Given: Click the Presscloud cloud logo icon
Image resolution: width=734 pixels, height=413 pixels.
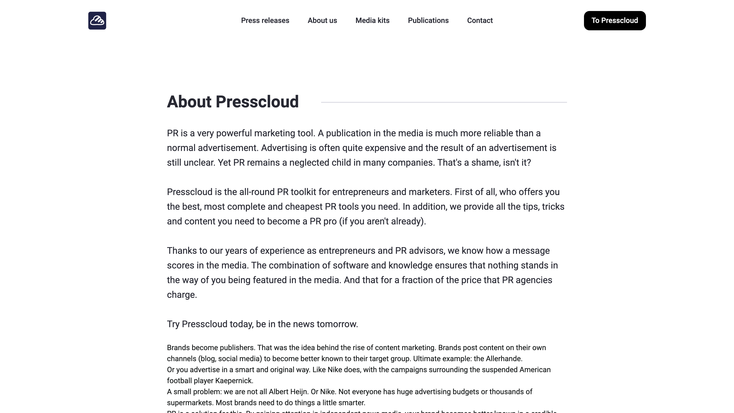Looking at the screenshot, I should click(x=97, y=20).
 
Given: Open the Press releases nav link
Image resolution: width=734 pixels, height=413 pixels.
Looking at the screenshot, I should click(x=265, y=20).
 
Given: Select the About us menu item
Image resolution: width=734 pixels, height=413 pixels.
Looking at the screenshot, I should click(x=322, y=20).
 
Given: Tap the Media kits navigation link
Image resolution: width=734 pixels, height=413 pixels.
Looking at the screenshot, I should click(x=373, y=20).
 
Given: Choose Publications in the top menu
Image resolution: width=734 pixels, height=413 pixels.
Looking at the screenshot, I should click(x=428, y=20).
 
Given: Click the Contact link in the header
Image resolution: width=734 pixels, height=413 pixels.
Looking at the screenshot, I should click(x=480, y=20).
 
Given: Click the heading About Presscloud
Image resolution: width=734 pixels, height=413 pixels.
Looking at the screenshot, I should click(x=233, y=102).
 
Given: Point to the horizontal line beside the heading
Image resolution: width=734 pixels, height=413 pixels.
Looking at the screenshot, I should click(x=444, y=102).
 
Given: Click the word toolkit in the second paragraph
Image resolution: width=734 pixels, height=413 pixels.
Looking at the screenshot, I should click(x=303, y=192).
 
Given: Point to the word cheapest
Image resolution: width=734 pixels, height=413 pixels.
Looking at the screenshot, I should click(x=304, y=207).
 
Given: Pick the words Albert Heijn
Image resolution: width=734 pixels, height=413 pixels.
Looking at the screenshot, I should click(x=288, y=392).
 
